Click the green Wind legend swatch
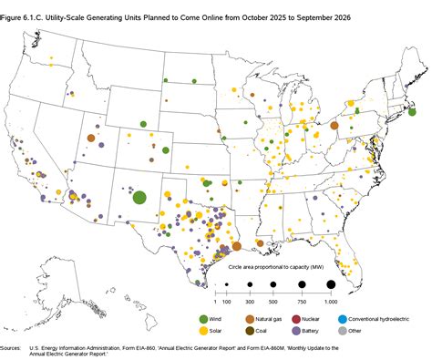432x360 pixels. (204, 317)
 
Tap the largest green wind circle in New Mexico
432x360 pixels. (139, 197)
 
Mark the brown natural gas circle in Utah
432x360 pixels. (91, 139)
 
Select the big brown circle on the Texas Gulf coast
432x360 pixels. (236, 245)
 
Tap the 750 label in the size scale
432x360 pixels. (301, 301)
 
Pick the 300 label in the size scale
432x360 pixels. (250, 301)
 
